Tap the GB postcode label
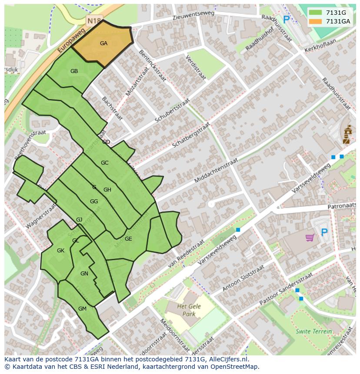coord(74,71)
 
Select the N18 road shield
coord(93,21)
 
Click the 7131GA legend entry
coord(338,21)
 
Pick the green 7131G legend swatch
coord(315,13)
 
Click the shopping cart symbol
coord(310,237)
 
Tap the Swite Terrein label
coord(313,331)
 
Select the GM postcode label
coord(82,309)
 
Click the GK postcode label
coord(60,251)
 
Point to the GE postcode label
coord(128,239)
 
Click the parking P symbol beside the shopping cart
coord(324,233)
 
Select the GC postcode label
coord(104,163)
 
